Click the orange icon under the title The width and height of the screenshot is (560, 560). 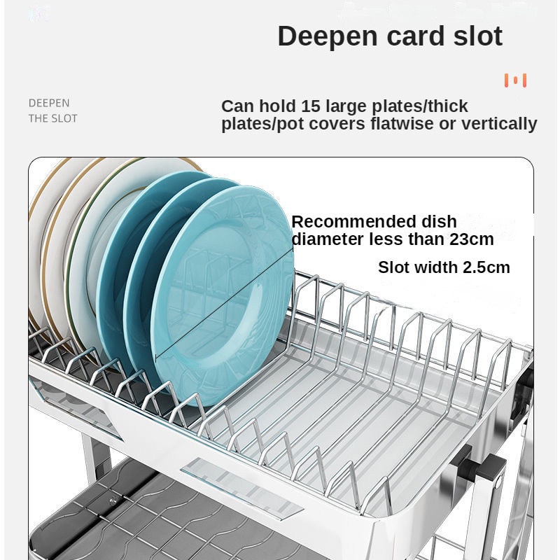(515, 80)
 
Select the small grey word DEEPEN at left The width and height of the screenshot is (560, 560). (49, 103)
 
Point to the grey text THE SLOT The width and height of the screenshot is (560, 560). (53, 118)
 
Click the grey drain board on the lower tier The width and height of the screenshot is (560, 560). (175, 525)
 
